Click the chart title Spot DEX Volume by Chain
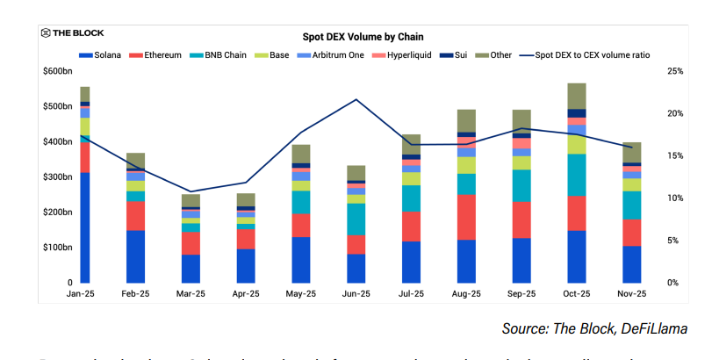click(363, 37)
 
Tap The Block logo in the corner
click(74, 33)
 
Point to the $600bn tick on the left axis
click(56, 71)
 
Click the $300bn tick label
click(56, 177)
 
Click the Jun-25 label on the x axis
click(356, 294)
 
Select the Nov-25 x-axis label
click(632, 294)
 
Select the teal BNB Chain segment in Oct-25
click(577, 175)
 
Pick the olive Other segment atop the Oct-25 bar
click(577, 96)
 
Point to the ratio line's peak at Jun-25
click(356, 99)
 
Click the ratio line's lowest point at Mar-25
click(191, 191)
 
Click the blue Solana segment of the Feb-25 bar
click(135, 256)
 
